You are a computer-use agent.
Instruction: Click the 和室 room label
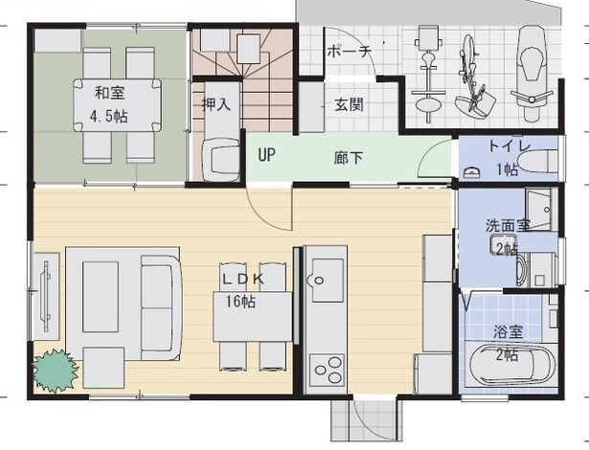[x=110, y=93]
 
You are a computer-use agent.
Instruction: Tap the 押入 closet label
[x=216, y=104]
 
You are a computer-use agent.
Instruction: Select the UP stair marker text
[x=266, y=155]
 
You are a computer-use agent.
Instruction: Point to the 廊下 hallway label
[x=349, y=158]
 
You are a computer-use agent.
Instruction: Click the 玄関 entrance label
[x=349, y=104]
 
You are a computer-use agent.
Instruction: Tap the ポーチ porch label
[x=350, y=52]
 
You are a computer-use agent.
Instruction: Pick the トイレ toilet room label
[x=510, y=146]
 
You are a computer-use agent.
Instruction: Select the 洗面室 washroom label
[x=508, y=225]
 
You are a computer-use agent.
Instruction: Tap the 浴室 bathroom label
[x=508, y=332]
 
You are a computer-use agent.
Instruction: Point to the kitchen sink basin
[x=327, y=280]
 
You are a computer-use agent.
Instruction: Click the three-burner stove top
[x=327, y=370]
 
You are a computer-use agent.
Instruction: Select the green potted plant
[x=56, y=370]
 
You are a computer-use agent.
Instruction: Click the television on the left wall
[x=46, y=297]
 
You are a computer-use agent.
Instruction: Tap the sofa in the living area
[x=162, y=307]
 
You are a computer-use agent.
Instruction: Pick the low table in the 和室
[x=117, y=104]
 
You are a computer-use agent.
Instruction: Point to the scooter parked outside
[x=532, y=74]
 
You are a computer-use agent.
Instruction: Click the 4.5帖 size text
[x=109, y=116]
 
